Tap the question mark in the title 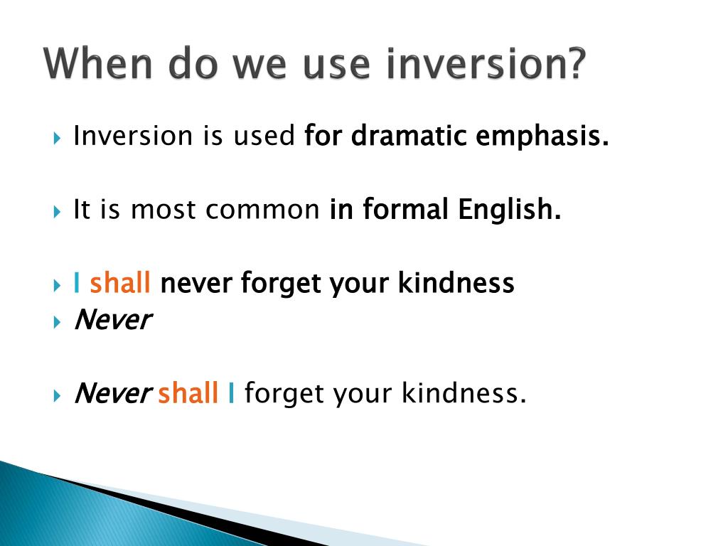[x=574, y=63]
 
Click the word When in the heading [x=98, y=63]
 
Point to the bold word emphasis [x=542, y=136]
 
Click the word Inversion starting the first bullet [x=133, y=136]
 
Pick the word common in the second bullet [x=262, y=210]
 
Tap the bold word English [x=510, y=210]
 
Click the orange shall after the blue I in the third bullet [x=119, y=283]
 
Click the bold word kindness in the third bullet [x=456, y=283]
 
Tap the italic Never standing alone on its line [x=113, y=319]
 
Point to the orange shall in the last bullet [x=188, y=392]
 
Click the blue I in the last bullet [x=231, y=392]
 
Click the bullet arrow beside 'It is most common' [x=57, y=212]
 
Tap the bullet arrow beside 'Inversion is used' [x=57, y=139]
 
